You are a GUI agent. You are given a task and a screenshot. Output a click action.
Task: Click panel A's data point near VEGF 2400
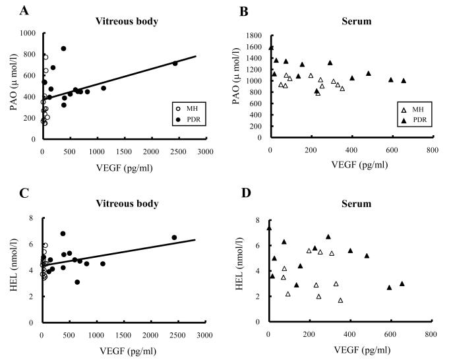click(x=175, y=63)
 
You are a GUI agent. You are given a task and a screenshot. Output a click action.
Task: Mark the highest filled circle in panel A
click(x=64, y=48)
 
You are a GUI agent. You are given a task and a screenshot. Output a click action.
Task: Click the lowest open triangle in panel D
click(x=340, y=301)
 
